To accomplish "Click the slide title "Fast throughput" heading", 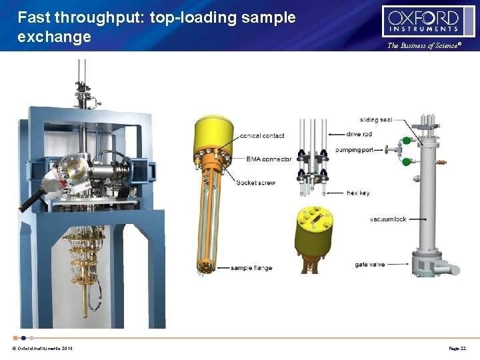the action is click(157, 27).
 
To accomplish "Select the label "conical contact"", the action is click(262, 135).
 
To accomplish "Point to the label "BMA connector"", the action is click(269, 159).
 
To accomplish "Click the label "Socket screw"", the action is click(255, 183).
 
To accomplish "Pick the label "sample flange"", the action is click(251, 268).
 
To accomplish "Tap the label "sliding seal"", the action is click(376, 120).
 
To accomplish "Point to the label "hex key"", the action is click(358, 193).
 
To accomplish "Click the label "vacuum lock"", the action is click(388, 219).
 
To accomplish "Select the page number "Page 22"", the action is click(457, 349).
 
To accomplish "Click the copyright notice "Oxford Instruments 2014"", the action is click(43, 349).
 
